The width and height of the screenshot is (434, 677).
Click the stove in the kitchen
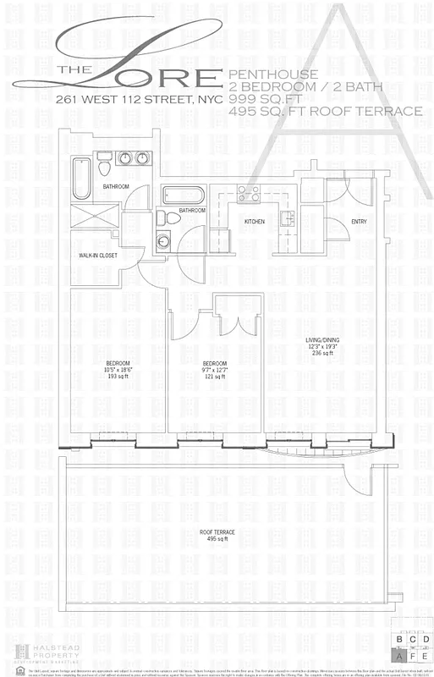click(248, 192)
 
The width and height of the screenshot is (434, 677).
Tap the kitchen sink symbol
click(286, 221)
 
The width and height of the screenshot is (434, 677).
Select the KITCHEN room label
click(255, 222)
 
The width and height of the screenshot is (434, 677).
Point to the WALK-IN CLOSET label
click(97, 255)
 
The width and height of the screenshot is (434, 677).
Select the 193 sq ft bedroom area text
click(118, 374)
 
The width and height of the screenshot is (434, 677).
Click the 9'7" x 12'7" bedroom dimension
click(214, 368)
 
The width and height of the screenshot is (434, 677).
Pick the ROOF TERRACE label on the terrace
click(217, 531)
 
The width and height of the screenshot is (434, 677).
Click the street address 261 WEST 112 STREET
click(136, 99)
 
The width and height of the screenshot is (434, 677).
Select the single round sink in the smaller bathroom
click(163, 241)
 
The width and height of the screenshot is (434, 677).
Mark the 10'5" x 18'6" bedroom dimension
click(118, 368)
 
